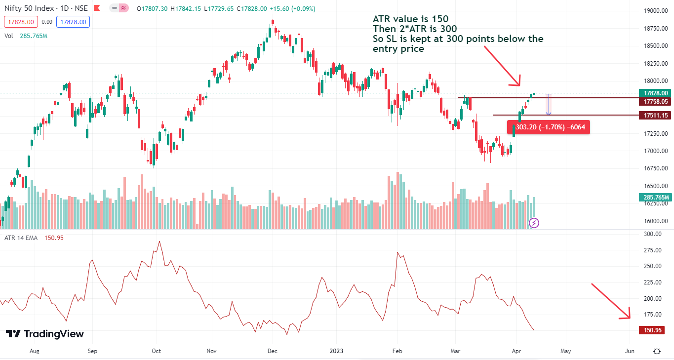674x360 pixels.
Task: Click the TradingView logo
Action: coord(45,334)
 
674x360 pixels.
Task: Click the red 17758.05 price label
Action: coord(656,102)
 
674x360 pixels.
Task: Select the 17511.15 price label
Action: coord(656,116)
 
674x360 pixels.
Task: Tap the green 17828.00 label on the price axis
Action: coord(656,93)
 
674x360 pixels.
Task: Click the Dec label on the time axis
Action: coord(273,351)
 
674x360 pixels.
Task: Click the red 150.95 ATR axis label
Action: coord(653,330)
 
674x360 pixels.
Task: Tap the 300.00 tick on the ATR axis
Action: coord(654,234)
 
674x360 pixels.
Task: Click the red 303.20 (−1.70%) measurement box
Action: coord(548,127)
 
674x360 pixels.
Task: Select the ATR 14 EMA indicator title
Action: coord(21,238)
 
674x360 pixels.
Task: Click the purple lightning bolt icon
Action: coord(534,223)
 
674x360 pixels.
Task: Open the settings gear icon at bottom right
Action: coord(657,352)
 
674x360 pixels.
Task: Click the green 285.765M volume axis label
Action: coord(656,198)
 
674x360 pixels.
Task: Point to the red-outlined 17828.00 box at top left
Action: coord(20,22)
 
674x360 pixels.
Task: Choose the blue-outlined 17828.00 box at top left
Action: coord(73,22)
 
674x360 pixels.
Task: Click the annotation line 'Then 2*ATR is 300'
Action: coord(414,29)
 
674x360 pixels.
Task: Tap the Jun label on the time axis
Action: coord(630,351)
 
